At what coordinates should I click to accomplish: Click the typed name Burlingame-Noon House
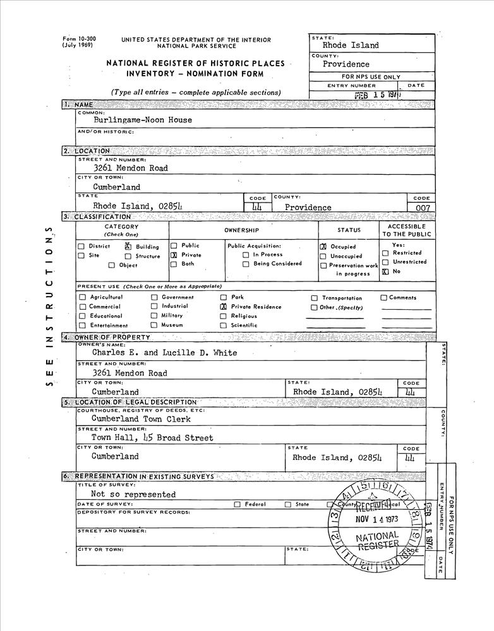tap(143, 120)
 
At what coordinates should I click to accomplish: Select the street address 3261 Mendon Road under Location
tap(131, 168)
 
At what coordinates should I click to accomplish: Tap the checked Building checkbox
tap(128, 247)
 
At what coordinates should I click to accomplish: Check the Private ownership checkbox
tap(174, 256)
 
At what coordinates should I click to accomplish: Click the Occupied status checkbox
tap(323, 247)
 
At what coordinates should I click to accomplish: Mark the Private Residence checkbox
tap(223, 307)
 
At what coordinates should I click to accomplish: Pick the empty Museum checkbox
tap(154, 326)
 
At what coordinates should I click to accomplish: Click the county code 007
tap(421, 208)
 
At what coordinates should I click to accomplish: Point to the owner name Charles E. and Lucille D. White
tap(165, 353)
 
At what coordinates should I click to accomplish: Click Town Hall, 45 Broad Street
tap(152, 438)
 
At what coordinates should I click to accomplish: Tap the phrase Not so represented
tap(133, 495)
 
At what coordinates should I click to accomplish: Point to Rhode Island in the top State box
tap(351, 45)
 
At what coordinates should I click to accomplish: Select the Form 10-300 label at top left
tap(78, 39)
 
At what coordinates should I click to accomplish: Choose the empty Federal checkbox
tap(238, 505)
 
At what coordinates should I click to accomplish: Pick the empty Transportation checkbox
tap(314, 298)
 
